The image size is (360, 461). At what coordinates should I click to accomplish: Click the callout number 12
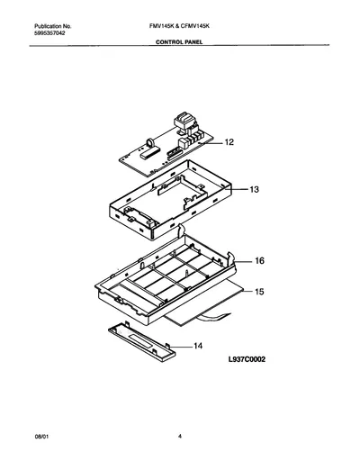[x=229, y=142]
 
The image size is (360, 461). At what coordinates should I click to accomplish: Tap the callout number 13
[x=254, y=189]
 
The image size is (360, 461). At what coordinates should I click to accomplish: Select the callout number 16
[x=259, y=261]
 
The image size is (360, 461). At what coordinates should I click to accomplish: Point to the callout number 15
[x=259, y=292]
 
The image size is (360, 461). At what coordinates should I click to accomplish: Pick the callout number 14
[x=198, y=346]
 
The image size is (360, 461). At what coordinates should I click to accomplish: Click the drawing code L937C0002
[x=247, y=359]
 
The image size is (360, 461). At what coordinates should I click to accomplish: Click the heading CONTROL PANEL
[x=179, y=42]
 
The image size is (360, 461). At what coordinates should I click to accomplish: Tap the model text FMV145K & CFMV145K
[x=179, y=26]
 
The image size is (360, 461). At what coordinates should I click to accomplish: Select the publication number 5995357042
[x=49, y=33]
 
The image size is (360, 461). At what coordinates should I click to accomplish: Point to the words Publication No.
[x=53, y=26]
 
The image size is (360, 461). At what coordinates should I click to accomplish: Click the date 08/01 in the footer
[x=41, y=437]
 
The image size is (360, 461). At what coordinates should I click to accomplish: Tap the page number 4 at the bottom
[x=180, y=437]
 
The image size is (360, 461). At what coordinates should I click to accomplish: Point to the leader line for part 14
[x=181, y=347]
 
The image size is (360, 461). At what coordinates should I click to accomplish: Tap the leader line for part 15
[x=247, y=292]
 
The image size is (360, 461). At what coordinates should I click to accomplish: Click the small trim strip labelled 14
[x=142, y=343]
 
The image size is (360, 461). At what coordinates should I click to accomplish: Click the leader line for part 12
[x=213, y=144]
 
